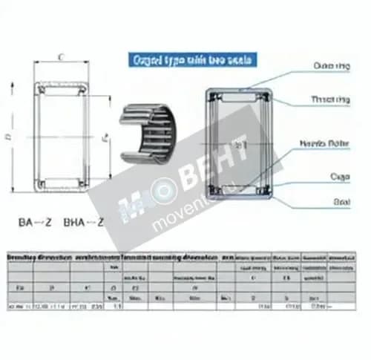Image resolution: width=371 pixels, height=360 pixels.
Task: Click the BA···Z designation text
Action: click(33, 221)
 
